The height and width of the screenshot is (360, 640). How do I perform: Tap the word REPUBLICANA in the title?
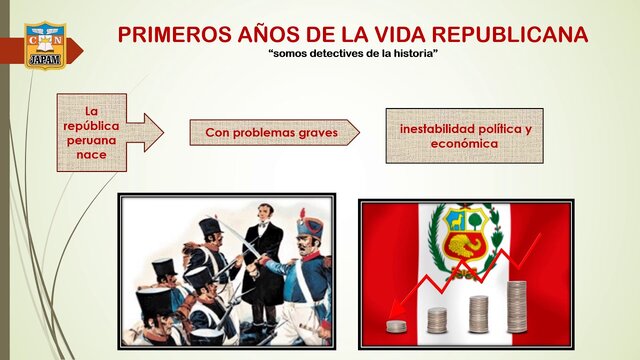point(506,35)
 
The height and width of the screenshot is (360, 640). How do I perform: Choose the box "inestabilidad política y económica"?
point(464,136)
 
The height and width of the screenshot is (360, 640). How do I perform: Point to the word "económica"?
point(464,143)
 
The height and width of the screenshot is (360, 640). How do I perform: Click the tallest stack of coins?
point(516,307)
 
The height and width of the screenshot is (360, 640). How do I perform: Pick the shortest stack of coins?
point(397,326)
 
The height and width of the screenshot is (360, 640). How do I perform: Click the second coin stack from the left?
point(437,320)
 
